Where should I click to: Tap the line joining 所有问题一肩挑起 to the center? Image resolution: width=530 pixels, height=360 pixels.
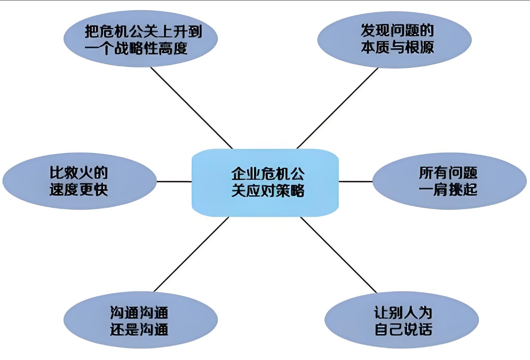coord(356,181)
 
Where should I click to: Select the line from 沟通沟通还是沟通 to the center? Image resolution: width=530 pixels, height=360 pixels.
coord(192,254)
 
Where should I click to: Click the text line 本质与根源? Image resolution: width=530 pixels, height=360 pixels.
coord(397,47)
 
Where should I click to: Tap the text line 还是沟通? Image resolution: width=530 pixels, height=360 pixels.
coord(139,329)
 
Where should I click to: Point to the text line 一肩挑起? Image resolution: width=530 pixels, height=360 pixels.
coord(448,190)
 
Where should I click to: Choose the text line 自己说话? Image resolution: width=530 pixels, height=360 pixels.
coord(403,329)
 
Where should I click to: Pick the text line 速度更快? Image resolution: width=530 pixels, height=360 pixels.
coord(78,190)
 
